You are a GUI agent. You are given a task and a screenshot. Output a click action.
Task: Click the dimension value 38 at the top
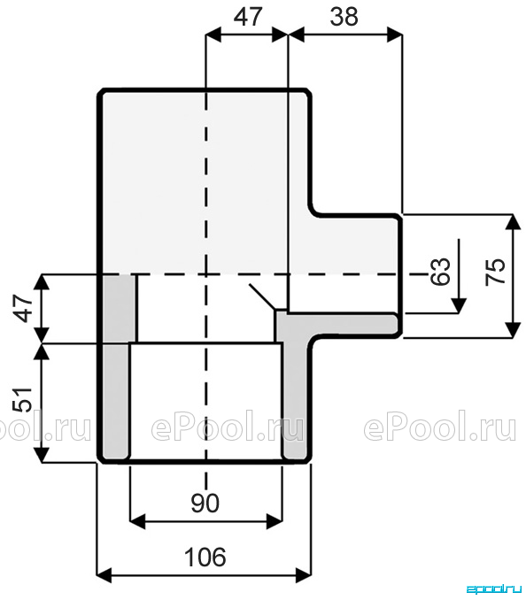pos(344,17)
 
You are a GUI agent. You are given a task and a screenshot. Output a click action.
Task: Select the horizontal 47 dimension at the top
pos(248,17)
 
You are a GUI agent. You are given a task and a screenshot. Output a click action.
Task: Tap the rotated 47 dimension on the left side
pos(25,308)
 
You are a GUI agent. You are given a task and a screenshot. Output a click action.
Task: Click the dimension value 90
pos(205,503)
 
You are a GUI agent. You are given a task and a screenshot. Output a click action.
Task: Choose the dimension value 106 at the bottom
pos(205,557)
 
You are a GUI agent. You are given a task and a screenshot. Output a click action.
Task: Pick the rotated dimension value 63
pos(440,272)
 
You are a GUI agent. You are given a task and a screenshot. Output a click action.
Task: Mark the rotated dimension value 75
pos(495,272)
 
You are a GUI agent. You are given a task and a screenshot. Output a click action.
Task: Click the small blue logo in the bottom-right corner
pos(494,588)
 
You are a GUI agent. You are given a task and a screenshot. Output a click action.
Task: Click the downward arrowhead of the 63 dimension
pos(459,305)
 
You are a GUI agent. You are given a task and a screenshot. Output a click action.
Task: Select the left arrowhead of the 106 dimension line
pos(104,574)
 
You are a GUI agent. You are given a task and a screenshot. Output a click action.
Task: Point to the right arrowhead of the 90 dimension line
pos(275,521)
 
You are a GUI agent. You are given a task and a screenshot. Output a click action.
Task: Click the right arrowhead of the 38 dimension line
pos(395,35)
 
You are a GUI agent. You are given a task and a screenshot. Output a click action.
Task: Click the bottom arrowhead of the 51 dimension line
pos(43,455)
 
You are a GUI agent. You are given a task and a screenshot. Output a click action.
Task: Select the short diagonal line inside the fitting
pos(262,296)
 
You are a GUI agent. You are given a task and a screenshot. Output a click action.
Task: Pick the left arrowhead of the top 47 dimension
pos(213,35)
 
